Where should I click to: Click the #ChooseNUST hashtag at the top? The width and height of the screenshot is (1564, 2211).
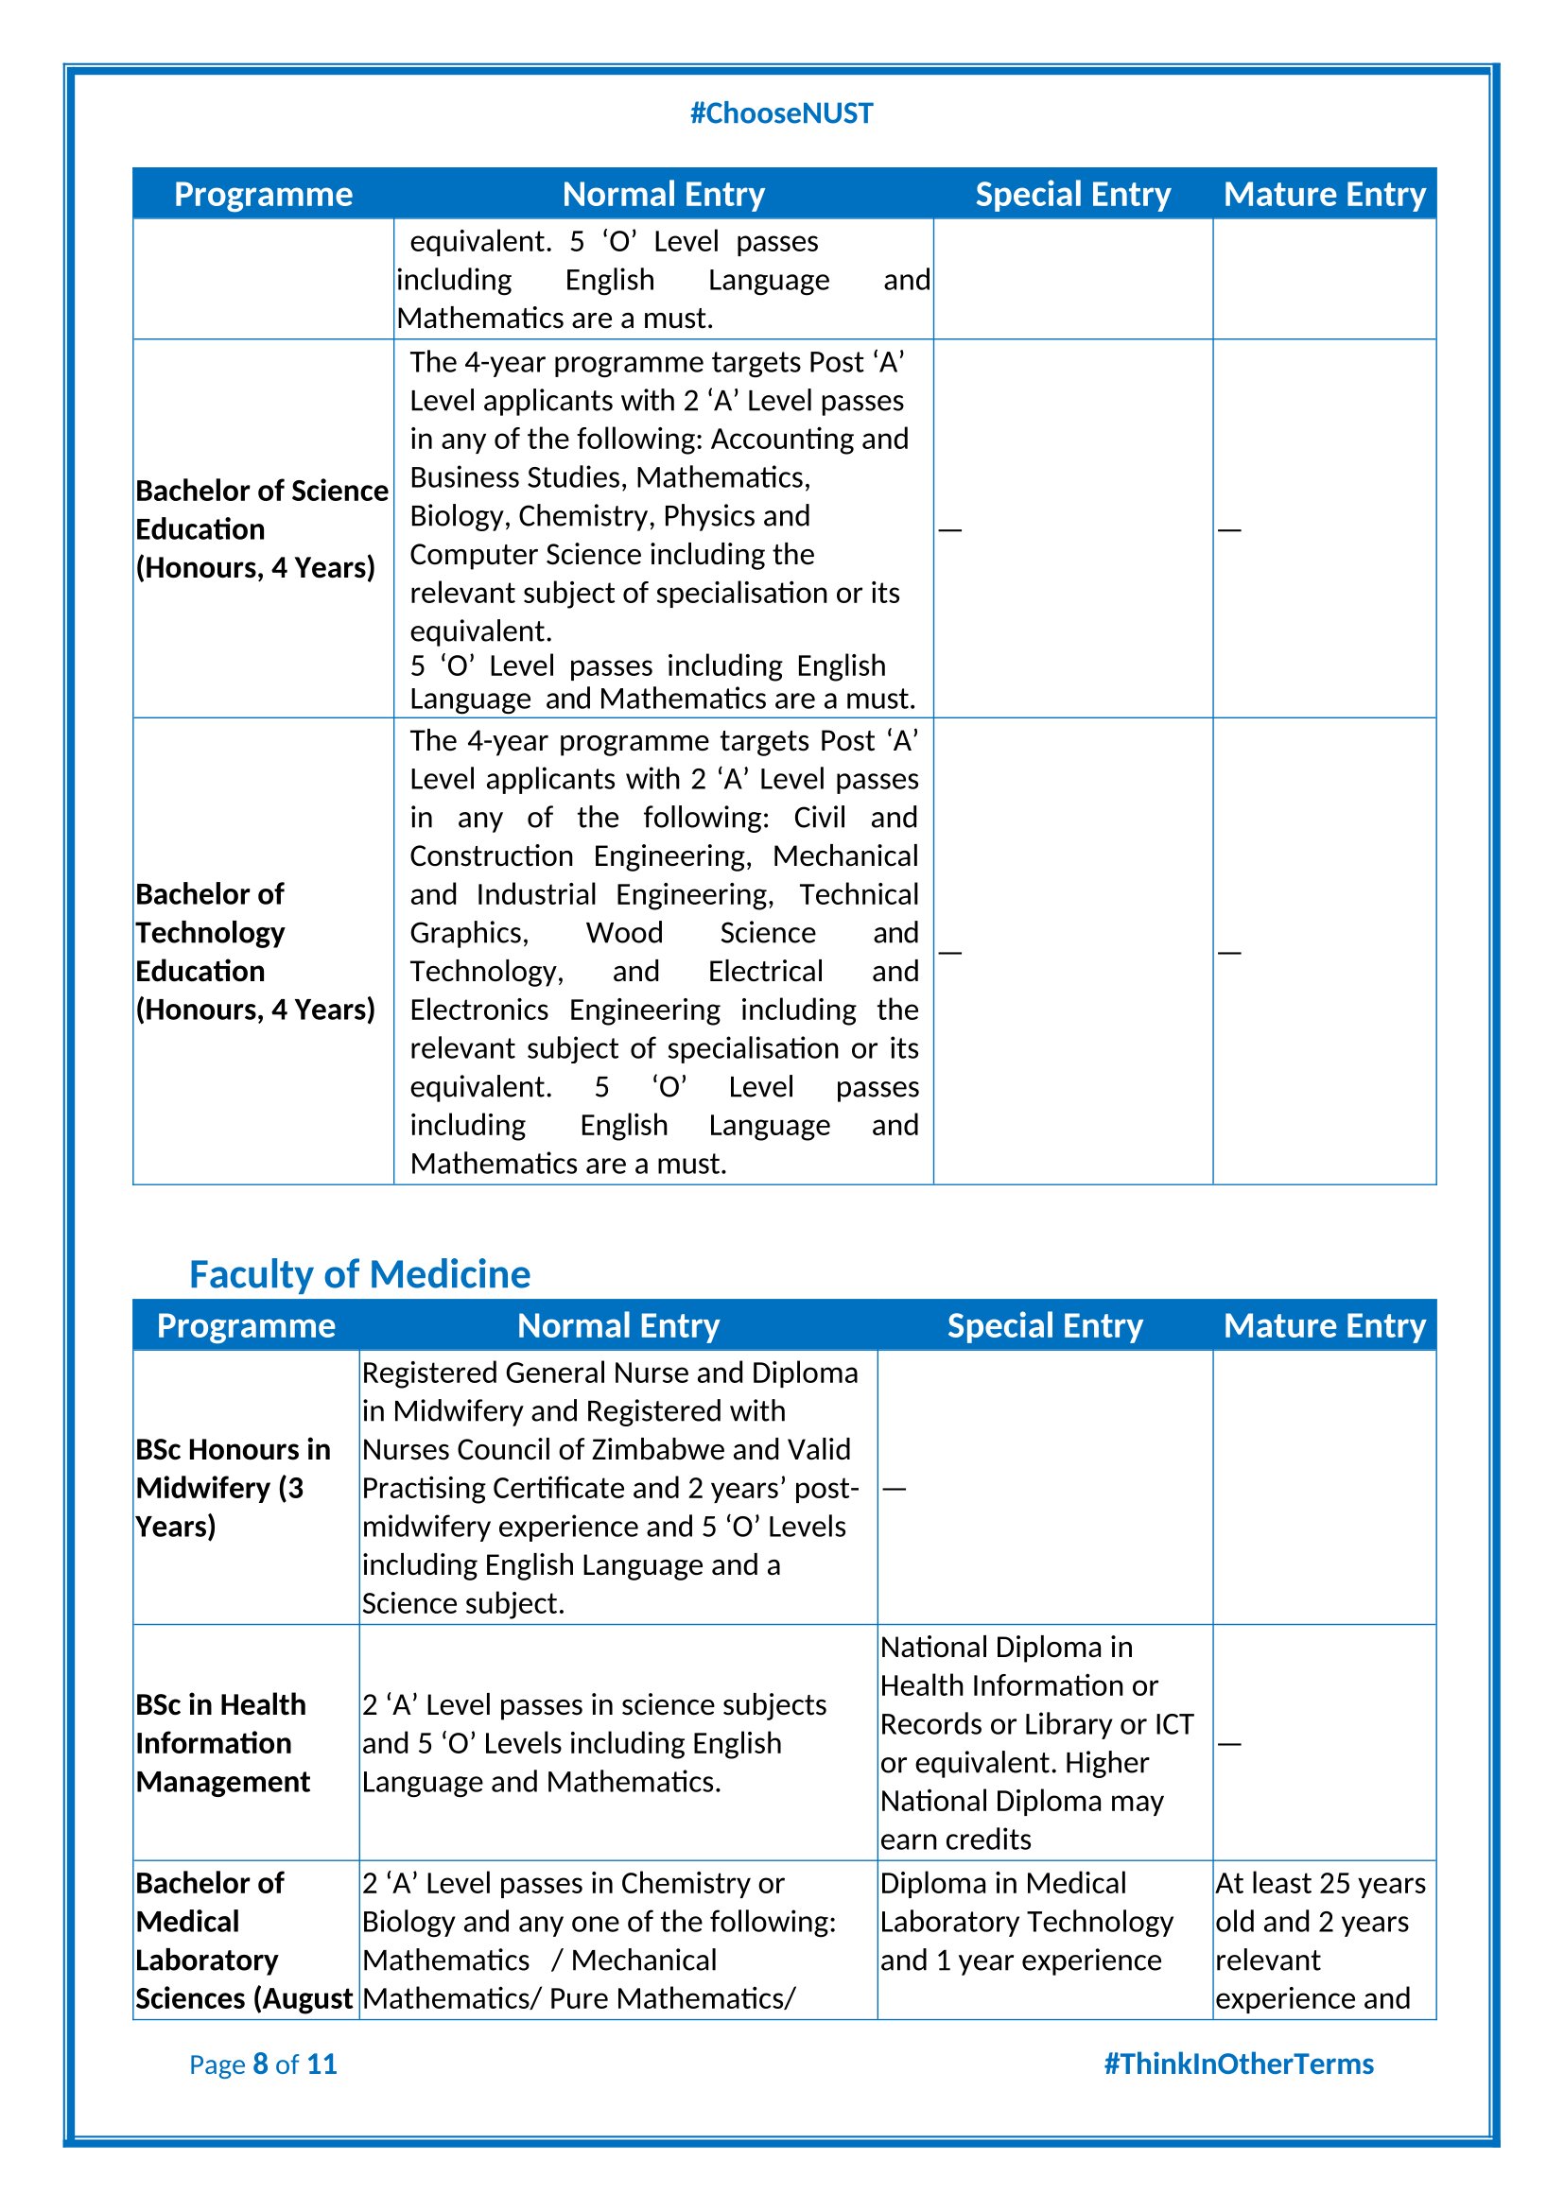tap(781, 113)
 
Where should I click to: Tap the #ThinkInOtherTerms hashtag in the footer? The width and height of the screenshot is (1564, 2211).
tap(1238, 2064)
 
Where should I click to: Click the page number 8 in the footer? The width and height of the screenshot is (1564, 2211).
tap(260, 2064)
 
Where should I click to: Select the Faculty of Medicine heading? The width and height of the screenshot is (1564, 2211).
tap(359, 1274)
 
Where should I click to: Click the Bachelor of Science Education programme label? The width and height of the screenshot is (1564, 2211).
tap(261, 528)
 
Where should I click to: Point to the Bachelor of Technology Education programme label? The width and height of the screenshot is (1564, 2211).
tap(255, 952)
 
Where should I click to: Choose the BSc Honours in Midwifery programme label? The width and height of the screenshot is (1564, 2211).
tap(233, 1488)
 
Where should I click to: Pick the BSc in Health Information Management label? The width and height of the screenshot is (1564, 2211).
tap(222, 1743)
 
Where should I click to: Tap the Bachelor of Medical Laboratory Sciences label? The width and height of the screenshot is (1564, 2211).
tap(244, 1941)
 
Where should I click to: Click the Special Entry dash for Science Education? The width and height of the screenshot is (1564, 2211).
tap(949, 529)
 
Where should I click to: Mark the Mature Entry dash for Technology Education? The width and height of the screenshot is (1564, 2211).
tap(1229, 953)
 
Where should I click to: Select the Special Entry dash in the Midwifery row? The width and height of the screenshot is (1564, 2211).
tap(894, 1489)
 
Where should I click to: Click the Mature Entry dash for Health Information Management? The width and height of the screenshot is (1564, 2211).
tap(1229, 1744)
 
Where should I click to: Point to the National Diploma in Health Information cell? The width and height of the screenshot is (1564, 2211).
tap(1036, 1743)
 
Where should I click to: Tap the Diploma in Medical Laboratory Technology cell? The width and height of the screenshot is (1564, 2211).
tap(1027, 1921)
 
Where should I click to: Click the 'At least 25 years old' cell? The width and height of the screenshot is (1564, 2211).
tap(1320, 1941)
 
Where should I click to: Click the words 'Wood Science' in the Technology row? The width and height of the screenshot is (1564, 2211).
tap(700, 932)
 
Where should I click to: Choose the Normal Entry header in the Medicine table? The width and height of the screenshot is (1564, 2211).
tap(618, 1326)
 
